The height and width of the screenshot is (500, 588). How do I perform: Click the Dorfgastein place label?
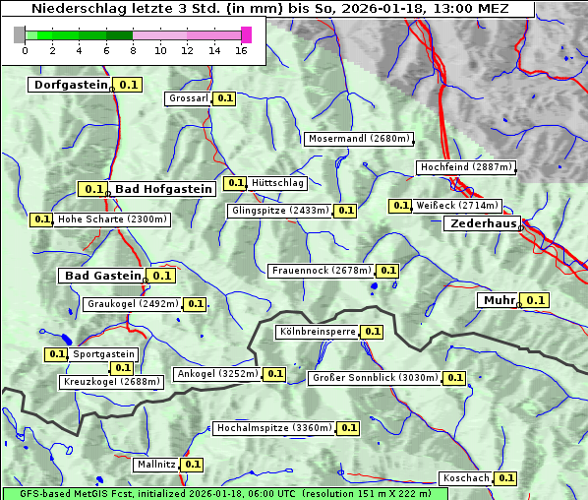[x=70, y=85]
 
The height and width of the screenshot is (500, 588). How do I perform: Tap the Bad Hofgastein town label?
[x=162, y=188]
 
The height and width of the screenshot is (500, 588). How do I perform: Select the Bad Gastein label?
[x=102, y=276]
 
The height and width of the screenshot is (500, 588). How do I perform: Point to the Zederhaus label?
[x=482, y=223]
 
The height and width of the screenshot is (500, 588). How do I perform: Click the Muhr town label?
[x=499, y=300]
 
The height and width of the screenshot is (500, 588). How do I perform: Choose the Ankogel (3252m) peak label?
[x=216, y=374]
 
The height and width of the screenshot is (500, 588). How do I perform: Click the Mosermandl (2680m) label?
[x=359, y=139]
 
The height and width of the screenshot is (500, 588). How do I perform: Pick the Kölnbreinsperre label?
[x=317, y=332]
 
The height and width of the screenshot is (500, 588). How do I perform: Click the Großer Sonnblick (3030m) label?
[x=374, y=378]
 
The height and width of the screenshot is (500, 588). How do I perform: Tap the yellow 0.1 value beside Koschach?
[x=505, y=477]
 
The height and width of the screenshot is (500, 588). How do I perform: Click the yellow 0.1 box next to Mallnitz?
[x=192, y=464]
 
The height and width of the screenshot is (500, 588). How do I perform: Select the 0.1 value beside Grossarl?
[x=225, y=98]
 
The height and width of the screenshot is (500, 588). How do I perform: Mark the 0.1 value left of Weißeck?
[x=400, y=206]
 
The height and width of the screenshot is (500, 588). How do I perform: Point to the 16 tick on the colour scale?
[x=241, y=50]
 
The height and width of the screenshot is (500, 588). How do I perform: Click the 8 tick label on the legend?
[x=133, y=50]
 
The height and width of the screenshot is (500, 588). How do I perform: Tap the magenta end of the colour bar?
[x=247, y=34]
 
